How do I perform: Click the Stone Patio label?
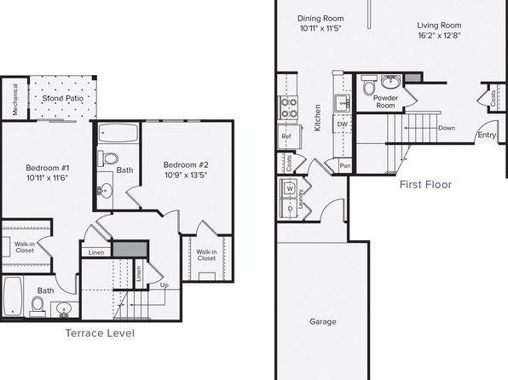pyautogui.click(x=63, y=98)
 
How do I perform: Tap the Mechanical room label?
pyautogui.click(x=14, y=99)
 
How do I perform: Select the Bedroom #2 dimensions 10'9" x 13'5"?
pyautogui.click(x=186, y=176)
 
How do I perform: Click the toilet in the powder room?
pyautogui.click(x=369, y=85)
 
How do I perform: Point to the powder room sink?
pyautogui.click(x=390, y=82)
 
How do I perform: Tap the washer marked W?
pyautogui.click(x=289, y=188)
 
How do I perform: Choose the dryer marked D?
pyautogui.click(x=289, y=209)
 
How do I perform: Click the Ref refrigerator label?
pyautogui.click(x=286, y=136)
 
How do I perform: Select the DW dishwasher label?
pyautogui.click(x=343, y=124)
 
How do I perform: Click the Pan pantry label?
pyautogui.click(x=345, y=165)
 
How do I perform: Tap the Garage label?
pyautogui.click(x=323, y=322)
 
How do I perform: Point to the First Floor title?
pyautogui.click(x=425, y=184)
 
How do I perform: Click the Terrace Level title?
pyautogui.click(x=100, y=333)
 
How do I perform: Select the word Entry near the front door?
pyautogui.click(x=487, y=135)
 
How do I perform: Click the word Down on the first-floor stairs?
pyautogui.click(x=447, y=128)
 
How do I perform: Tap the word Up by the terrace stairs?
pyautogui.click(x=165, y=285)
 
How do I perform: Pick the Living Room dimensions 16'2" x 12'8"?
pyautogui.click(x=439, y=36)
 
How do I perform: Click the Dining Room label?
pyautogui.click(x=320, y=19)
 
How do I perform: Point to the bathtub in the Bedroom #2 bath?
pyautogui.click(x=118, y=133)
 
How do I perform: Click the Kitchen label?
pyautogui.click(x=317, y=118)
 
